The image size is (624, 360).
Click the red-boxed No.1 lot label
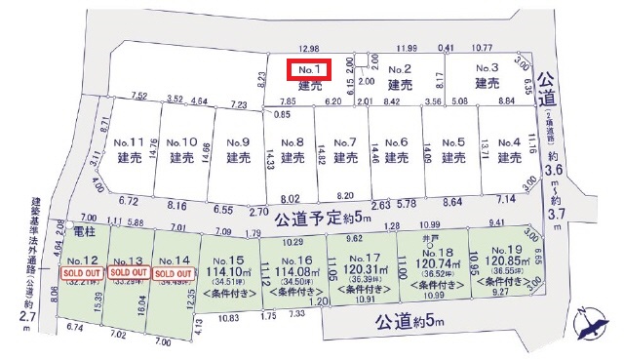tap(309, 69)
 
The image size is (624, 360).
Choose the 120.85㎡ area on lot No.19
tap(501, 264)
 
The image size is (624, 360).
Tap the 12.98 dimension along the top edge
tap(310, 47)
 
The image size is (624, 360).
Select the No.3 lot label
tap(487, 68)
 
